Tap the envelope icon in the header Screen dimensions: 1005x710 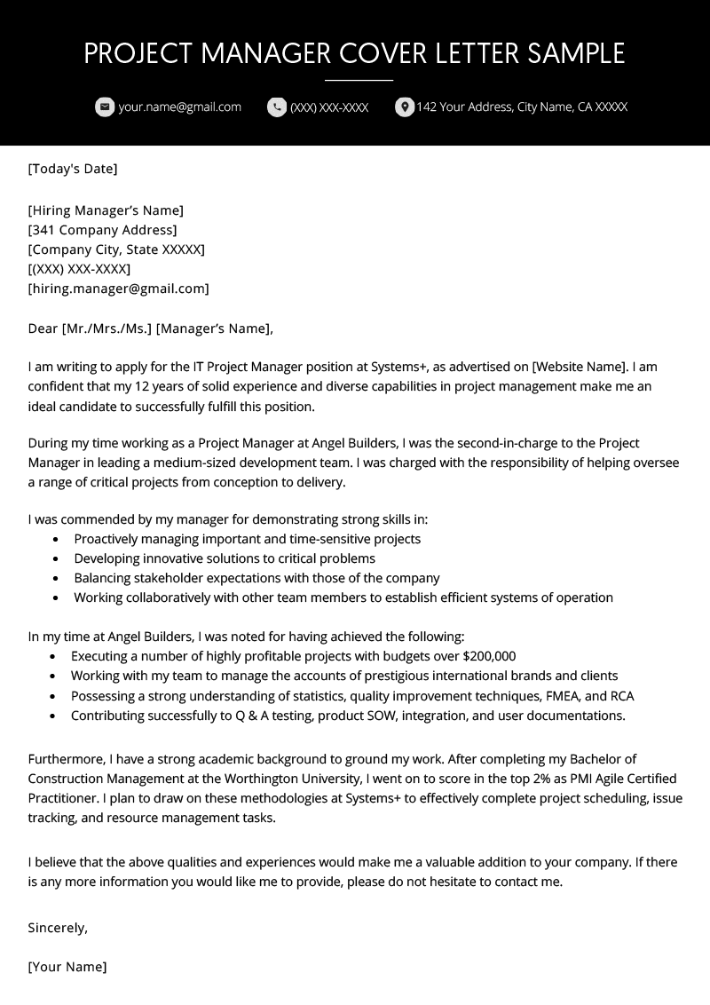[105, 107]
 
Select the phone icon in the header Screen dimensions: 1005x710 [277, 107]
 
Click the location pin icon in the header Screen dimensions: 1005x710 [405, 107]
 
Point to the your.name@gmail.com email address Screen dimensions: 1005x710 [180, 107]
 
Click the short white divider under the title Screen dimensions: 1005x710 [359, 81]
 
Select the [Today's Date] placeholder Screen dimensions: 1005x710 [73, 169]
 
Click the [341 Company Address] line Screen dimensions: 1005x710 [102, 230]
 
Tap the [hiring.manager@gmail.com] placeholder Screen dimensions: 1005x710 [119, 289]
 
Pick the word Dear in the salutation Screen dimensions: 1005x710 [43, 328]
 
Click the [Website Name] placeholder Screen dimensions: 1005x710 [580, 367]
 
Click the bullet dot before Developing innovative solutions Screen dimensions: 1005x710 [57, 559]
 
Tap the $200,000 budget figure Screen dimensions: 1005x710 [489, 657]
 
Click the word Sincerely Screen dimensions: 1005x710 [58, 928]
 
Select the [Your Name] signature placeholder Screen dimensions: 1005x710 [67, 967]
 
